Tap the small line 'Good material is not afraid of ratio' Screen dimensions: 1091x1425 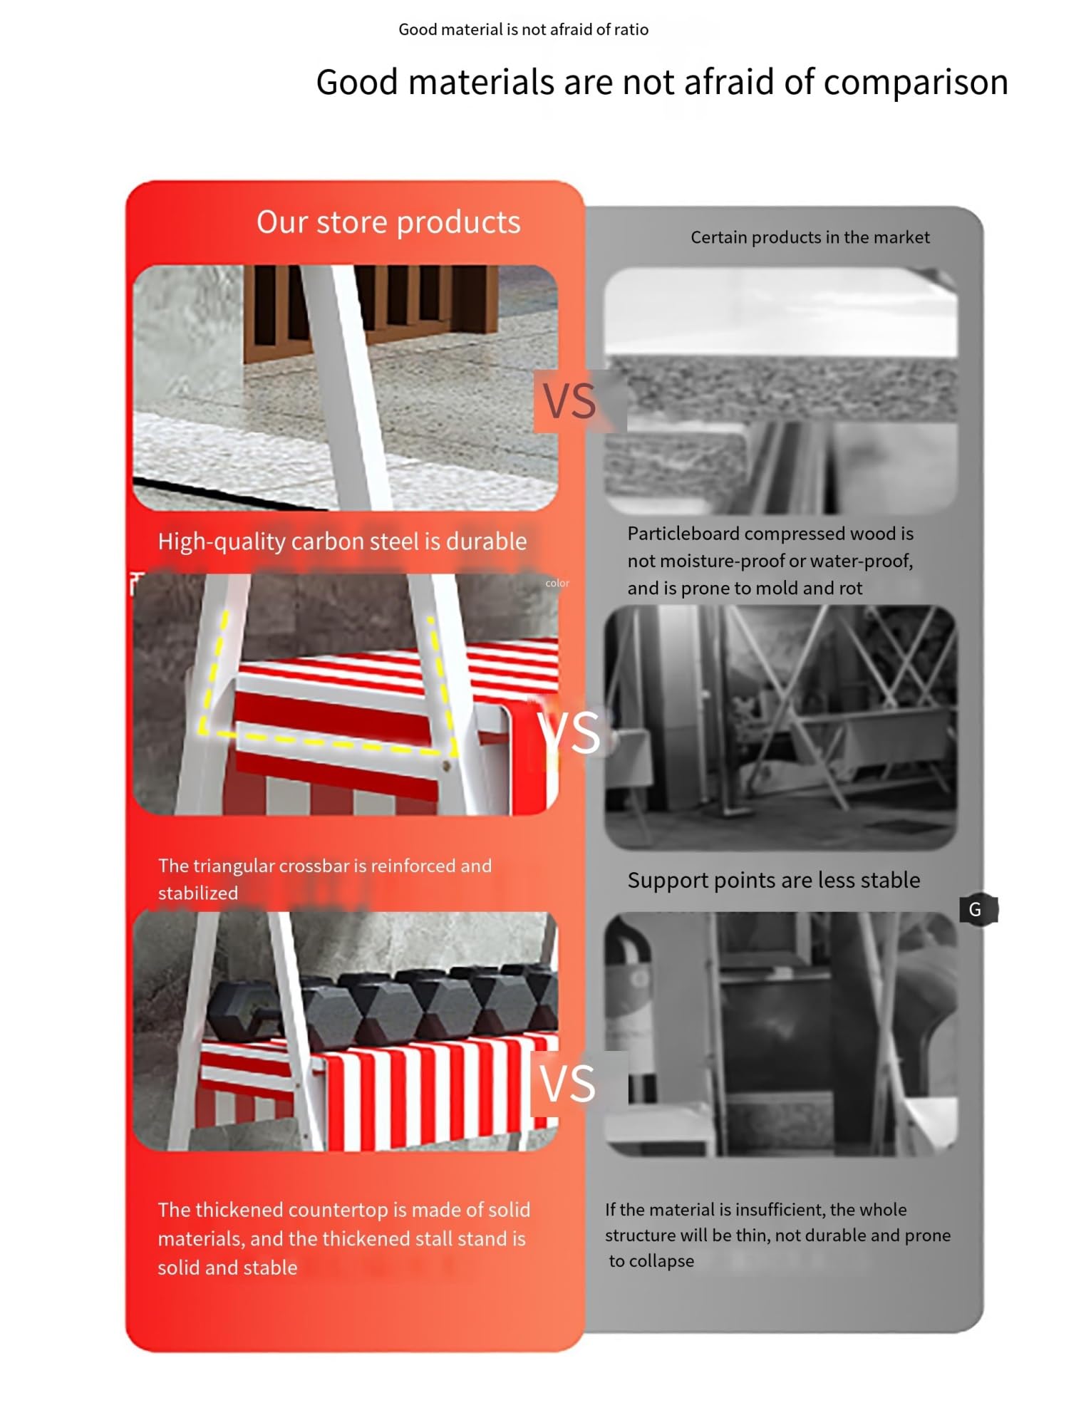pyautogui.click(x=523, y=29)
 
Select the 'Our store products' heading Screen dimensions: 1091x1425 pyautogui.click(x=388, y=222)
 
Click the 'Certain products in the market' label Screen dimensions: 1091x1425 pyautogui.click(x=810, y=237)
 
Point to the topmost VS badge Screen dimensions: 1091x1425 pyautogui.click(x=569, y=401)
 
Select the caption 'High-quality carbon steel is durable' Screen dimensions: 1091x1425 pyautogui.click(x=342, y=541)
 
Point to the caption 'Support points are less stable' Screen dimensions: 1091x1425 pyautogui.click(x=774, y=880)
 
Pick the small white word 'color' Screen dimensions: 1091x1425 pyautogui.click(x=557, y=583)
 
